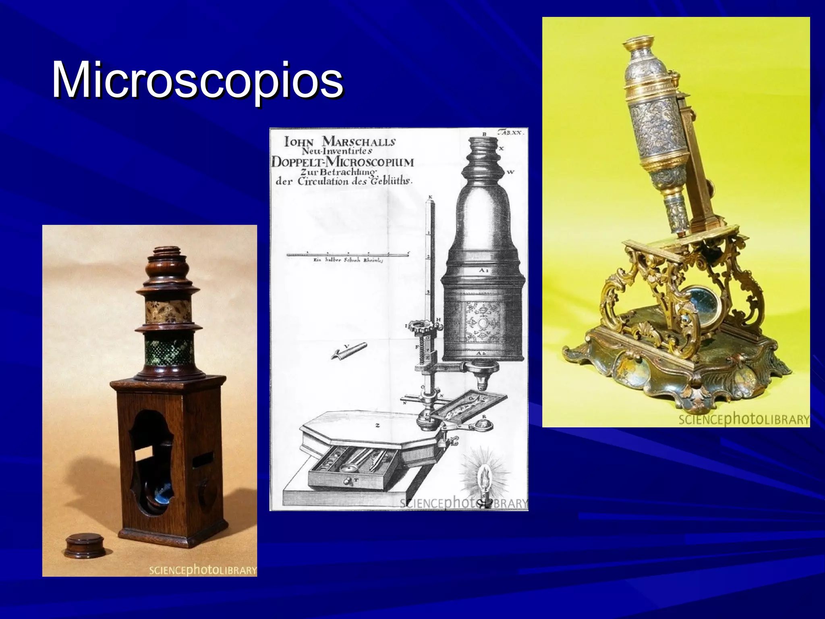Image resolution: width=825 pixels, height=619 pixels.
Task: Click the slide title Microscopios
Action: pos(197,79)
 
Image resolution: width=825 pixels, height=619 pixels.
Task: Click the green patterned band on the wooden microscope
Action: pos(169,352)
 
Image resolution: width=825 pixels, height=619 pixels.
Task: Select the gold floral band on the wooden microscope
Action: pos(169,311)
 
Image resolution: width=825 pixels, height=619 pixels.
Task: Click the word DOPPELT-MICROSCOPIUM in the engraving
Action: pos(343,162)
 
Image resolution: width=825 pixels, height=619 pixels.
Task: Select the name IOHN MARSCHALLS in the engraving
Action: pos(340,142)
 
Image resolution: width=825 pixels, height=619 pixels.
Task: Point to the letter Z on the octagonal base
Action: pos(377,425)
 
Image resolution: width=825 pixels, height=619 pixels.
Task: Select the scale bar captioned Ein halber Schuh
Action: pos(347,255)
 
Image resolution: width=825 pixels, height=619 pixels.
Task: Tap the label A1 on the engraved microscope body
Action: pos(484,271)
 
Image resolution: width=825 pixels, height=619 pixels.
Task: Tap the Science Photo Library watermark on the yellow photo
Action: pos(744,420)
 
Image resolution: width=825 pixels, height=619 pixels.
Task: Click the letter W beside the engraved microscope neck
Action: pos(510,172)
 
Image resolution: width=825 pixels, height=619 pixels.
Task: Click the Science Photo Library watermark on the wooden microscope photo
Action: pos(203,570)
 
